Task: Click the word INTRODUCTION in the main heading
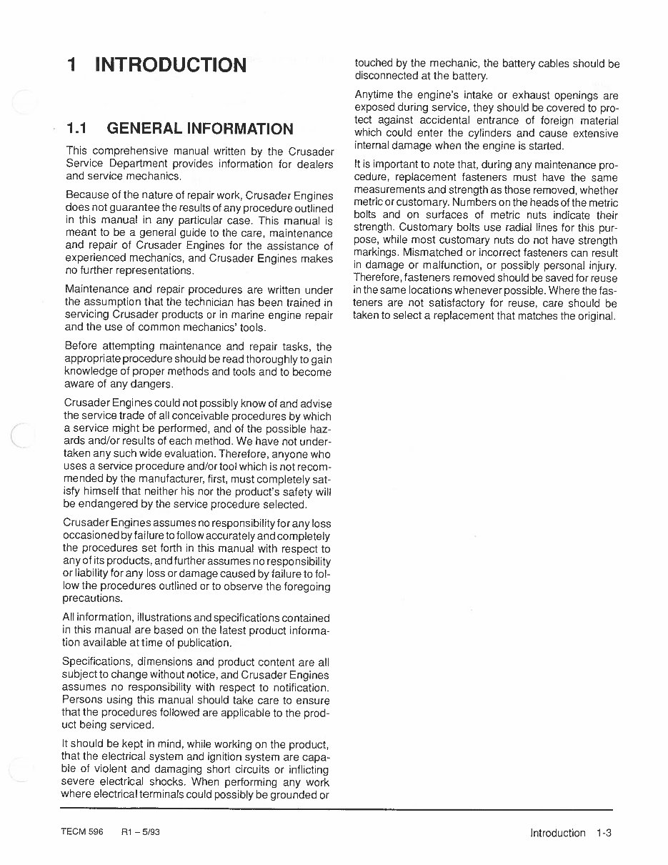171,65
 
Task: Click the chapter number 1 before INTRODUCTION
71,65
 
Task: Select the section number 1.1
76,129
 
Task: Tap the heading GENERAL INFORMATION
200,129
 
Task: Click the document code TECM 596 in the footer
83,832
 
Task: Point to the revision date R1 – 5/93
141,832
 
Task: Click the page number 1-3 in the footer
604,833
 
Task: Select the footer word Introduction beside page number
557,833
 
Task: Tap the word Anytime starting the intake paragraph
374,95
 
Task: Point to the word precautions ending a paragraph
92,599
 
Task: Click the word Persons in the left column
82,700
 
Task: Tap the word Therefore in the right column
378,278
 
